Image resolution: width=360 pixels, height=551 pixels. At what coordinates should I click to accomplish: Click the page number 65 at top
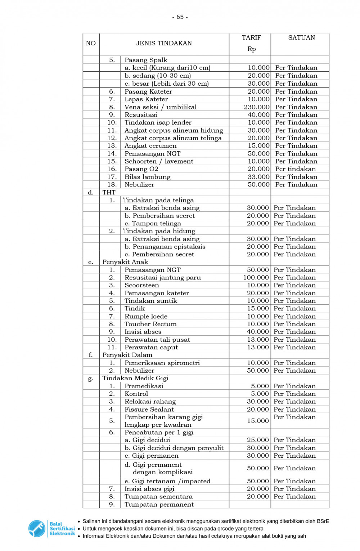[180, 17]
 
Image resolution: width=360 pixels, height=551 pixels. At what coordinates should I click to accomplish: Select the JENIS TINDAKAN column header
[163, 43]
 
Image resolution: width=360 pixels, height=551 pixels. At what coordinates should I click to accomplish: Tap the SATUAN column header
[301, 37]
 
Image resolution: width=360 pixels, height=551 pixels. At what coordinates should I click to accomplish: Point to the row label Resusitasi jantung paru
[163, 278]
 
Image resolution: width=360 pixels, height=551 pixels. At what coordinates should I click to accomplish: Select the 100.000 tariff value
[256, 278]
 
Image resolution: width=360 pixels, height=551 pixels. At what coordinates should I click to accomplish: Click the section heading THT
[109, 192]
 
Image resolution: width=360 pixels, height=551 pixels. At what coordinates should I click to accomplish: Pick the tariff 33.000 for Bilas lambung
[258, 177]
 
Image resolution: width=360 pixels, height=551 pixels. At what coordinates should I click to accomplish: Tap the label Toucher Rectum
[150, 324]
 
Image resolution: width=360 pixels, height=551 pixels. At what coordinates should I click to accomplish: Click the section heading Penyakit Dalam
[127, 355]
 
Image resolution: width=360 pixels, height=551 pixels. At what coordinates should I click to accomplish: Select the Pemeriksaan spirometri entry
[162, 363]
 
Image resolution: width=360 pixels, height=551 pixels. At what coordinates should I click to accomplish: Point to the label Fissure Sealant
[149, 409]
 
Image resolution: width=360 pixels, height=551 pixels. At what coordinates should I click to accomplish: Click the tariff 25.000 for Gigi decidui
[258, 440]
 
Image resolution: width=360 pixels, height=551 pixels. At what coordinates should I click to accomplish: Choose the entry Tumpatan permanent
[159, 505]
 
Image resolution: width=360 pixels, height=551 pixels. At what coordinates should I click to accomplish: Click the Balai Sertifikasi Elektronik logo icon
[36, 528]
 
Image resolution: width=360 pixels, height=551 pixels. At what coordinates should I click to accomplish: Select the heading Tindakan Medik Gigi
[135, 378]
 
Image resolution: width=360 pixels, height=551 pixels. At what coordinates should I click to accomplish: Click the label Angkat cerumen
[150, 146]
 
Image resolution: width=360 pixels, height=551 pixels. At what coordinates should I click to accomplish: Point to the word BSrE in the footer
[323, 521]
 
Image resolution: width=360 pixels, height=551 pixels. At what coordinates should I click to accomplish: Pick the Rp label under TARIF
[251, 49]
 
